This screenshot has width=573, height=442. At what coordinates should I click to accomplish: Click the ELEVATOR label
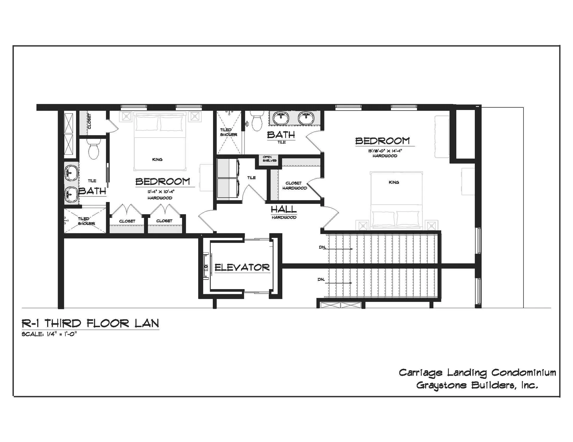point(242,267)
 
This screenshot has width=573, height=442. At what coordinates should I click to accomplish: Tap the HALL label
point(284,210)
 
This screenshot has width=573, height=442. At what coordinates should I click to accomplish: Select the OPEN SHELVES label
point(269,159)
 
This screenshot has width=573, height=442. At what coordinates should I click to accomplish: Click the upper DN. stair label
point(322,247)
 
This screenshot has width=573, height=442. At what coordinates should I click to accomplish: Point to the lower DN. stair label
point(321,280)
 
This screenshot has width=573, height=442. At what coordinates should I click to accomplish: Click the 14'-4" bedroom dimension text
point(385,151)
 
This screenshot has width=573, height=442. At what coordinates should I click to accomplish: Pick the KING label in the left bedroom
point(157,159)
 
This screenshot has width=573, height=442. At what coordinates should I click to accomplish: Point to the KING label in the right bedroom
point(394,182)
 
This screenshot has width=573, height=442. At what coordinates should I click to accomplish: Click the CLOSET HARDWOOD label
point(294,186)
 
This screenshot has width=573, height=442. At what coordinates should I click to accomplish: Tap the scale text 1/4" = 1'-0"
point(49,334)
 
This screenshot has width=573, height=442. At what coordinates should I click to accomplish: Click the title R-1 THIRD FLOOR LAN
point(90,323)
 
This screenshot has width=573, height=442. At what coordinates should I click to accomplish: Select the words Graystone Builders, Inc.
point(477,385)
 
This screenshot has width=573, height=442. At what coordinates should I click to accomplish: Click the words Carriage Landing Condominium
point(478,373)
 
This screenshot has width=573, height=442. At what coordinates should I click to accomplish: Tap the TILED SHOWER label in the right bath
point(229,132)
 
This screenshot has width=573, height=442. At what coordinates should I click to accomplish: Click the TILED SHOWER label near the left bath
point(86,221)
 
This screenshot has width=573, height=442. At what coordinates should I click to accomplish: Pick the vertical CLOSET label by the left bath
point(89,121)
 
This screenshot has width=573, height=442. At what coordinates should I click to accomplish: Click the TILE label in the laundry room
point(251,178)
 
